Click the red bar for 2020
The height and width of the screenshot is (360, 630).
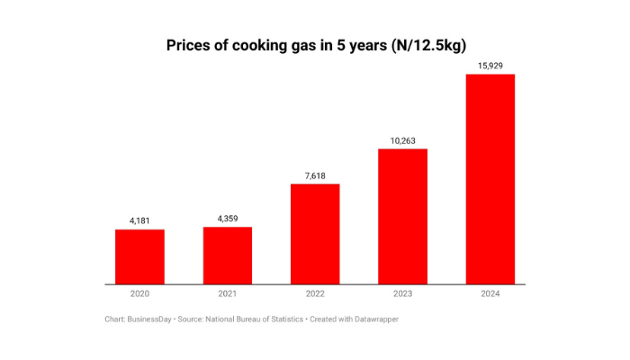139,256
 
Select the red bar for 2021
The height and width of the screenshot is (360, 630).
227,256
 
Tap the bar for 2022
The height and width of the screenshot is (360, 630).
315,234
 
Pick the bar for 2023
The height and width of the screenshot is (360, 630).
402,216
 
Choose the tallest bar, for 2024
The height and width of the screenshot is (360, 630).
490,179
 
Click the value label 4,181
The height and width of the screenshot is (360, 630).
139,220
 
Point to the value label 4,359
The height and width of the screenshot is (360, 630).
227,217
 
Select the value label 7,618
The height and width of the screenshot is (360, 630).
315,175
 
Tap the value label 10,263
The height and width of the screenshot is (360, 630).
402,139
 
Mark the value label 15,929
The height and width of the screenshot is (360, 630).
490,65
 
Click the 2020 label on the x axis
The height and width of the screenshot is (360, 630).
139,294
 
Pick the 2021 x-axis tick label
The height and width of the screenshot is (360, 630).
227,294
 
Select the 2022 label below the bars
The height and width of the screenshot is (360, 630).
315,294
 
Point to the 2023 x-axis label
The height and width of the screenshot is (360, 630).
402,294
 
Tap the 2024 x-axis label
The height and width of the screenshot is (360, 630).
490,294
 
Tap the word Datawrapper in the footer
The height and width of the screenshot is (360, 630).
373,319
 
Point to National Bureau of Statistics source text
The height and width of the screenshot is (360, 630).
254,319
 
